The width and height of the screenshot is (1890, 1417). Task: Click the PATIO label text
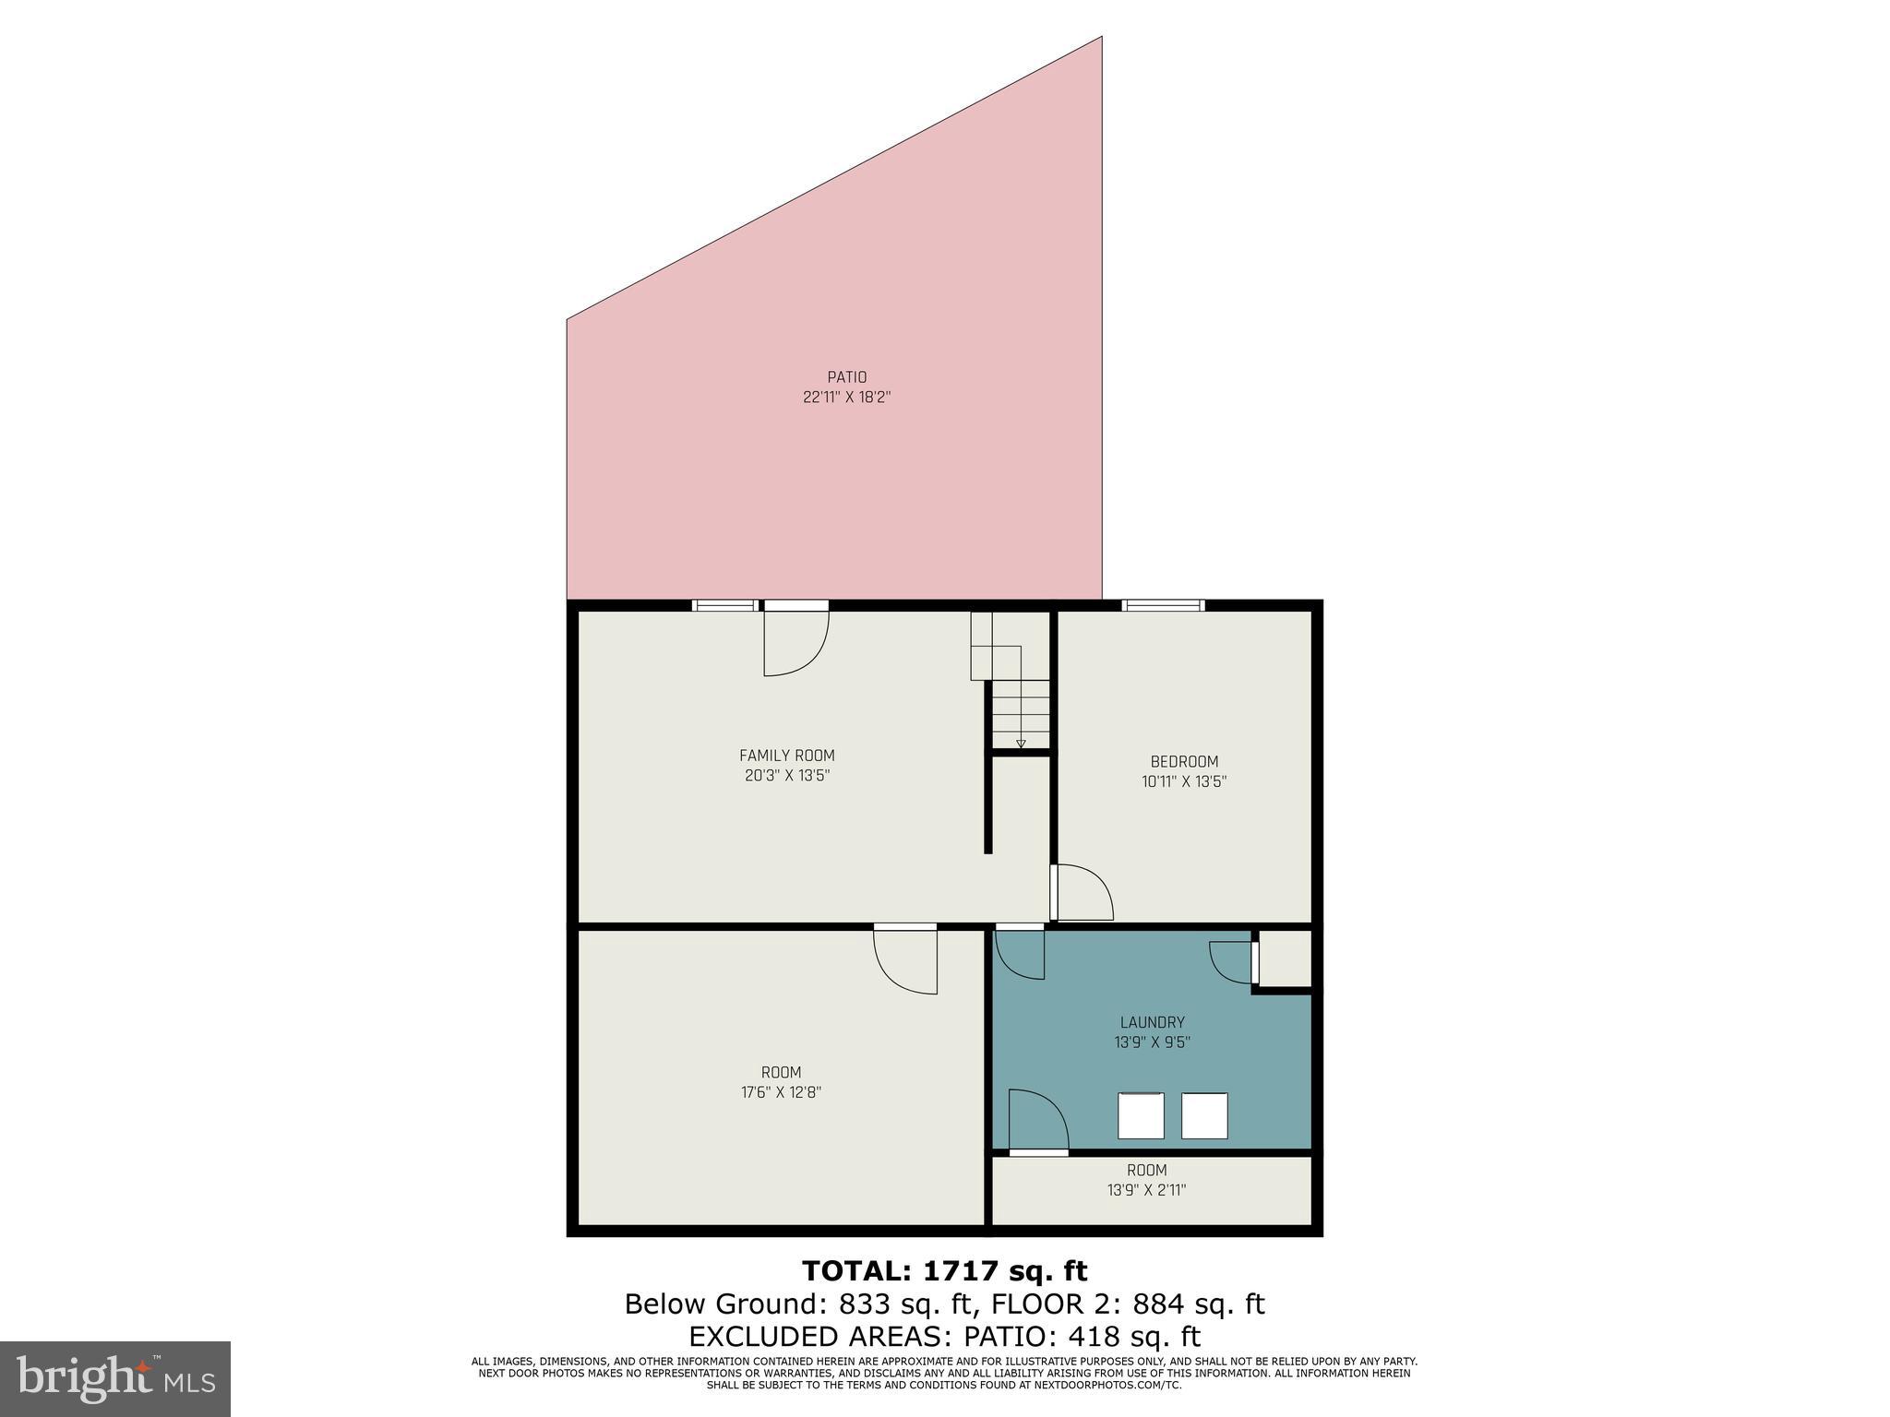tap(846, 377)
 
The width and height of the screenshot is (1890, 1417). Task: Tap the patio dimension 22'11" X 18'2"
tap(846, 398)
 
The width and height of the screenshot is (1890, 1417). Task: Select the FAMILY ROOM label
tap(786, 756)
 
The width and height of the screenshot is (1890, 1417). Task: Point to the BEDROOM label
tap(1184, 761)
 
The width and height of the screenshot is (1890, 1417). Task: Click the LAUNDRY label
tap(1152, 1022)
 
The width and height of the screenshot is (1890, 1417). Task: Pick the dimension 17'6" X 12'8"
tap(781, 1092)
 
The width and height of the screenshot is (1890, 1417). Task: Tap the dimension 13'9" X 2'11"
tap(1146, 1190)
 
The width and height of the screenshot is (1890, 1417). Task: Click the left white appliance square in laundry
tap(1141, 1115)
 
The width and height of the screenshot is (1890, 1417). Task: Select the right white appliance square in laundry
tap(1204, 1115)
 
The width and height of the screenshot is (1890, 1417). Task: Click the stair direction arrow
tap(1021, 743)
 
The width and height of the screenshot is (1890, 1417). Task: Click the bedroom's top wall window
tap(1163, 605)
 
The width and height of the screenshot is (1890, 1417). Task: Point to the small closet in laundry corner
tap(1284, 959)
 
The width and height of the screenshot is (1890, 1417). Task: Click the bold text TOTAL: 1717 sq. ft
tap(944, 1271)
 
